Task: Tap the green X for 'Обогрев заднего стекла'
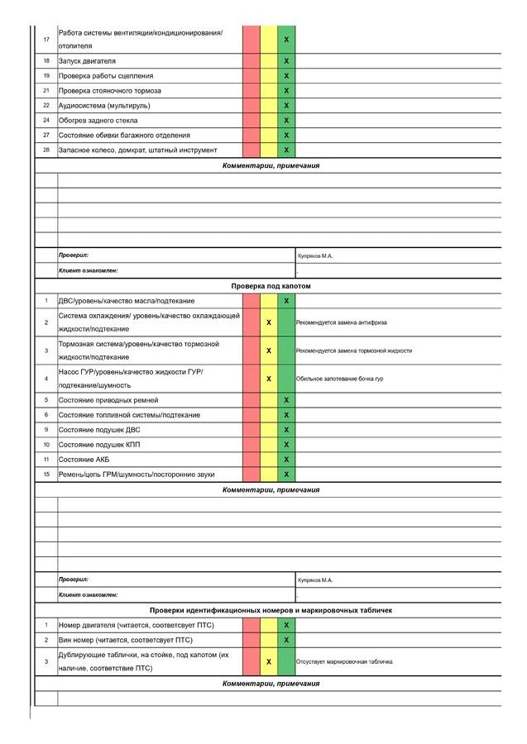coord(286,121)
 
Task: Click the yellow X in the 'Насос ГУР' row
coord(269,379)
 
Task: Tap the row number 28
coord(46,150)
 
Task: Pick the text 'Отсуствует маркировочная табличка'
coord(344,661)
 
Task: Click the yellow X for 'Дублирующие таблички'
coord(269,661)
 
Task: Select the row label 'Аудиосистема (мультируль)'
coord(104,106)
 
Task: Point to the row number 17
coord(46,39)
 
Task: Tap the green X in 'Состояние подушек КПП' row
coord(286,445)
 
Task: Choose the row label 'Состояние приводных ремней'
coord(110,400)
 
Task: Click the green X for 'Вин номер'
coord(286,640)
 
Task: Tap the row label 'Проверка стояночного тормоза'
coord(110,91)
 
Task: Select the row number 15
coord(46,474)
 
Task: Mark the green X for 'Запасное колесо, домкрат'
coord(286,150)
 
